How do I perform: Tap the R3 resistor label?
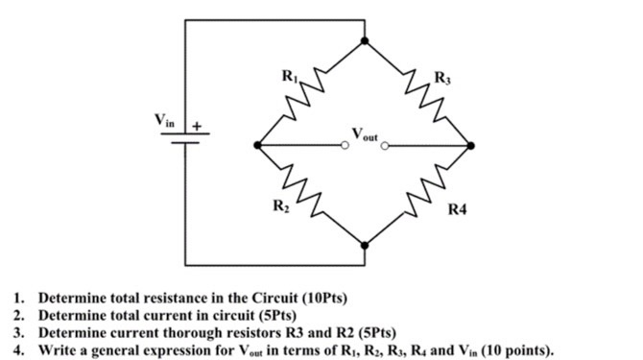point(440,76)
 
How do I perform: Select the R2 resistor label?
point(279,204)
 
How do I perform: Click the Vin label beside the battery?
point(166,121)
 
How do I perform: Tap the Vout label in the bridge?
point(366,134)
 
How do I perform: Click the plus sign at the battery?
point(198,126)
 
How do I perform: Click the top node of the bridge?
point(363,40)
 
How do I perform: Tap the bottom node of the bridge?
point(363,245)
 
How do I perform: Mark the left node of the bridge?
point(257,146)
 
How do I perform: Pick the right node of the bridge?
point(470,146)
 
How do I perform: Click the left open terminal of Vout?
point(345,146)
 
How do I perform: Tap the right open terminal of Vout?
point(385,146)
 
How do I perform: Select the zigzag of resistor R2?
point(308,195)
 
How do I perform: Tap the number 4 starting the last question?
point(17,349)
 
